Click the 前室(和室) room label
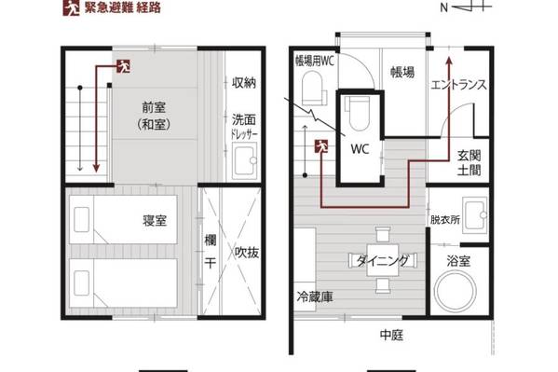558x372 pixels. click(x=154, y=116)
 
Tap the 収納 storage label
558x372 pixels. click(x=244, y=83)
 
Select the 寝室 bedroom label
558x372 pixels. click(x=155, y=221)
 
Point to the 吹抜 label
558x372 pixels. click(x=247, y=253)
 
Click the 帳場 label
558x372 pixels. click(x=402, y=72)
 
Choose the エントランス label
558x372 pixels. click(x=458, y=85)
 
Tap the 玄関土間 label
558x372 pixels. click(x=469, y=163)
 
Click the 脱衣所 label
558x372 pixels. click(x=445, y=219)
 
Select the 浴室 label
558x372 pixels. click(x=458, y=261)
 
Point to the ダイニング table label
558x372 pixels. click(x=383, y=261)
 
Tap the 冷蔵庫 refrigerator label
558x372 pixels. click(x=315, y=296)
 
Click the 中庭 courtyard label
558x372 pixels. click(x=391, y=335)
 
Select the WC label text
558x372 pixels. click(x=360, y=148)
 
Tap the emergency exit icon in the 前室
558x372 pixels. click(x=123, y=66)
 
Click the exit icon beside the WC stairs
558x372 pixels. click(x=321, y=146)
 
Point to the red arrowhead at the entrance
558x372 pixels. click(x=449, y=62)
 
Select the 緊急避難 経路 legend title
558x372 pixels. click(x=123, y=7)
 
